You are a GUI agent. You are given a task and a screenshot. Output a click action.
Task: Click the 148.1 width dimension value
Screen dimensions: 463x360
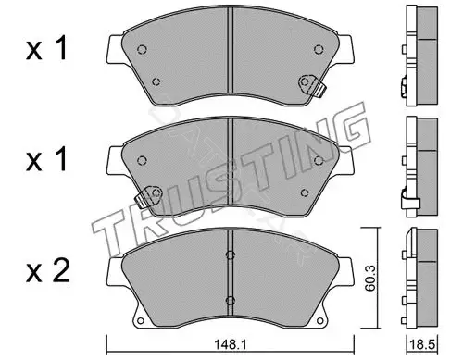(x=231, y=344)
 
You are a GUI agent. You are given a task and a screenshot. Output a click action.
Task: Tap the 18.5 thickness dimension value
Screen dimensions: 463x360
(x=422, y=344)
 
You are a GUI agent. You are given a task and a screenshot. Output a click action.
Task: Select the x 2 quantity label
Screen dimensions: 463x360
(x=48, y=270)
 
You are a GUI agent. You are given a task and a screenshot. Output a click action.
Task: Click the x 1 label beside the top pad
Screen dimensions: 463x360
(x=46, y=48)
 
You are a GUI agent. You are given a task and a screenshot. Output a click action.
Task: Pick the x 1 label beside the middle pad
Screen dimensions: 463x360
(x=46, y=159)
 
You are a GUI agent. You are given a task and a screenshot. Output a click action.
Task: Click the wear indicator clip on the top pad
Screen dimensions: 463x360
(x=312, y=85)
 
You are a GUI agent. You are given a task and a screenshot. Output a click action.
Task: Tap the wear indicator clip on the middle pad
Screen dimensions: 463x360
(x=149, y=197)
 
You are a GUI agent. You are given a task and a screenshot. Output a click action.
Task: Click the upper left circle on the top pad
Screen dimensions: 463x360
(x=142, y=49)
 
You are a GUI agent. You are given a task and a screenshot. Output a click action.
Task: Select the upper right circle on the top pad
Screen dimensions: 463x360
(x=319, y=49)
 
